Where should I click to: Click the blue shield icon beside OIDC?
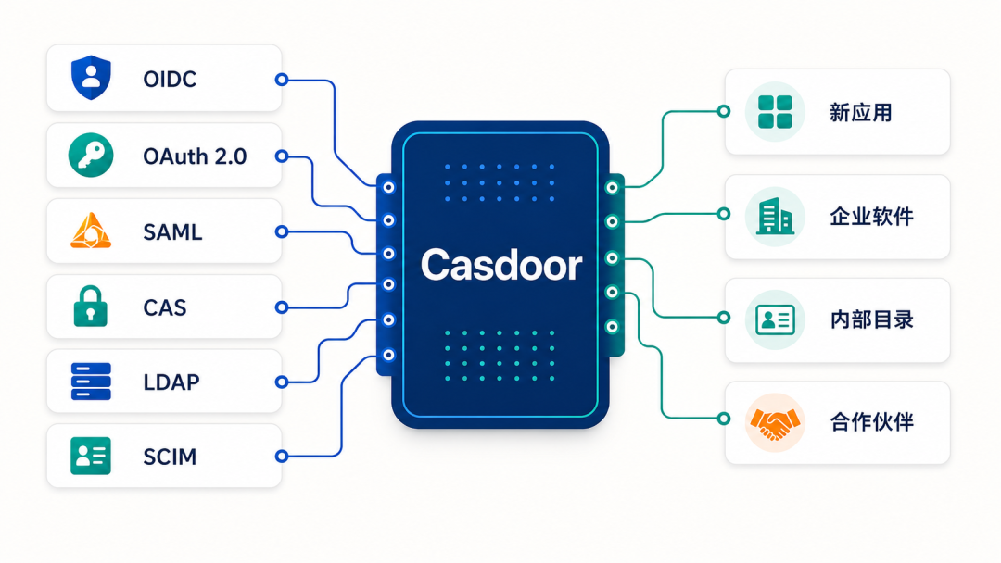click(x=91, y=78)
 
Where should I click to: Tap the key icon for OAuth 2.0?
click(x=91, y=155)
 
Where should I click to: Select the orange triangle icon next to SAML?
click(x=91, y=231)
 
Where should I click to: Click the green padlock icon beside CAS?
click(x=91, y=307)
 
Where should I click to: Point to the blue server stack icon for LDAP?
click(x=91, y=382)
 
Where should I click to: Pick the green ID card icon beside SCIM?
click(x=91, y=456)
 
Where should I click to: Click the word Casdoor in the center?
click(x=501, y=265)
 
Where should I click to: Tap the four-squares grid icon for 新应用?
click(x=775, y=111)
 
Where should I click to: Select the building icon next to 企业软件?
click(x=775, y=216)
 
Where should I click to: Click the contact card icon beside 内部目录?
click(x=775, y=319)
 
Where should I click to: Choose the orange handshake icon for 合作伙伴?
click(x=775, y=423)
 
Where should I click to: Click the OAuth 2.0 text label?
click(x=195, y=156)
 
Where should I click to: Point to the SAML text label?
click(x=172, y=232)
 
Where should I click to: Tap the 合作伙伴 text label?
click(x=871, y=421)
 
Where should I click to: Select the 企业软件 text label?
click(x=871, y=216)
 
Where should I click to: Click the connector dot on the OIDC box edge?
click(x=282, y=79)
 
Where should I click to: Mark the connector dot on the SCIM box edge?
click(x=282, y=456)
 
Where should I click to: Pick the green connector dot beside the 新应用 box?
click(x=723, y=111)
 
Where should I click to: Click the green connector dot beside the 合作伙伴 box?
click(x=723, y=419)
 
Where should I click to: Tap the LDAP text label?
click(x=171, y=382)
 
